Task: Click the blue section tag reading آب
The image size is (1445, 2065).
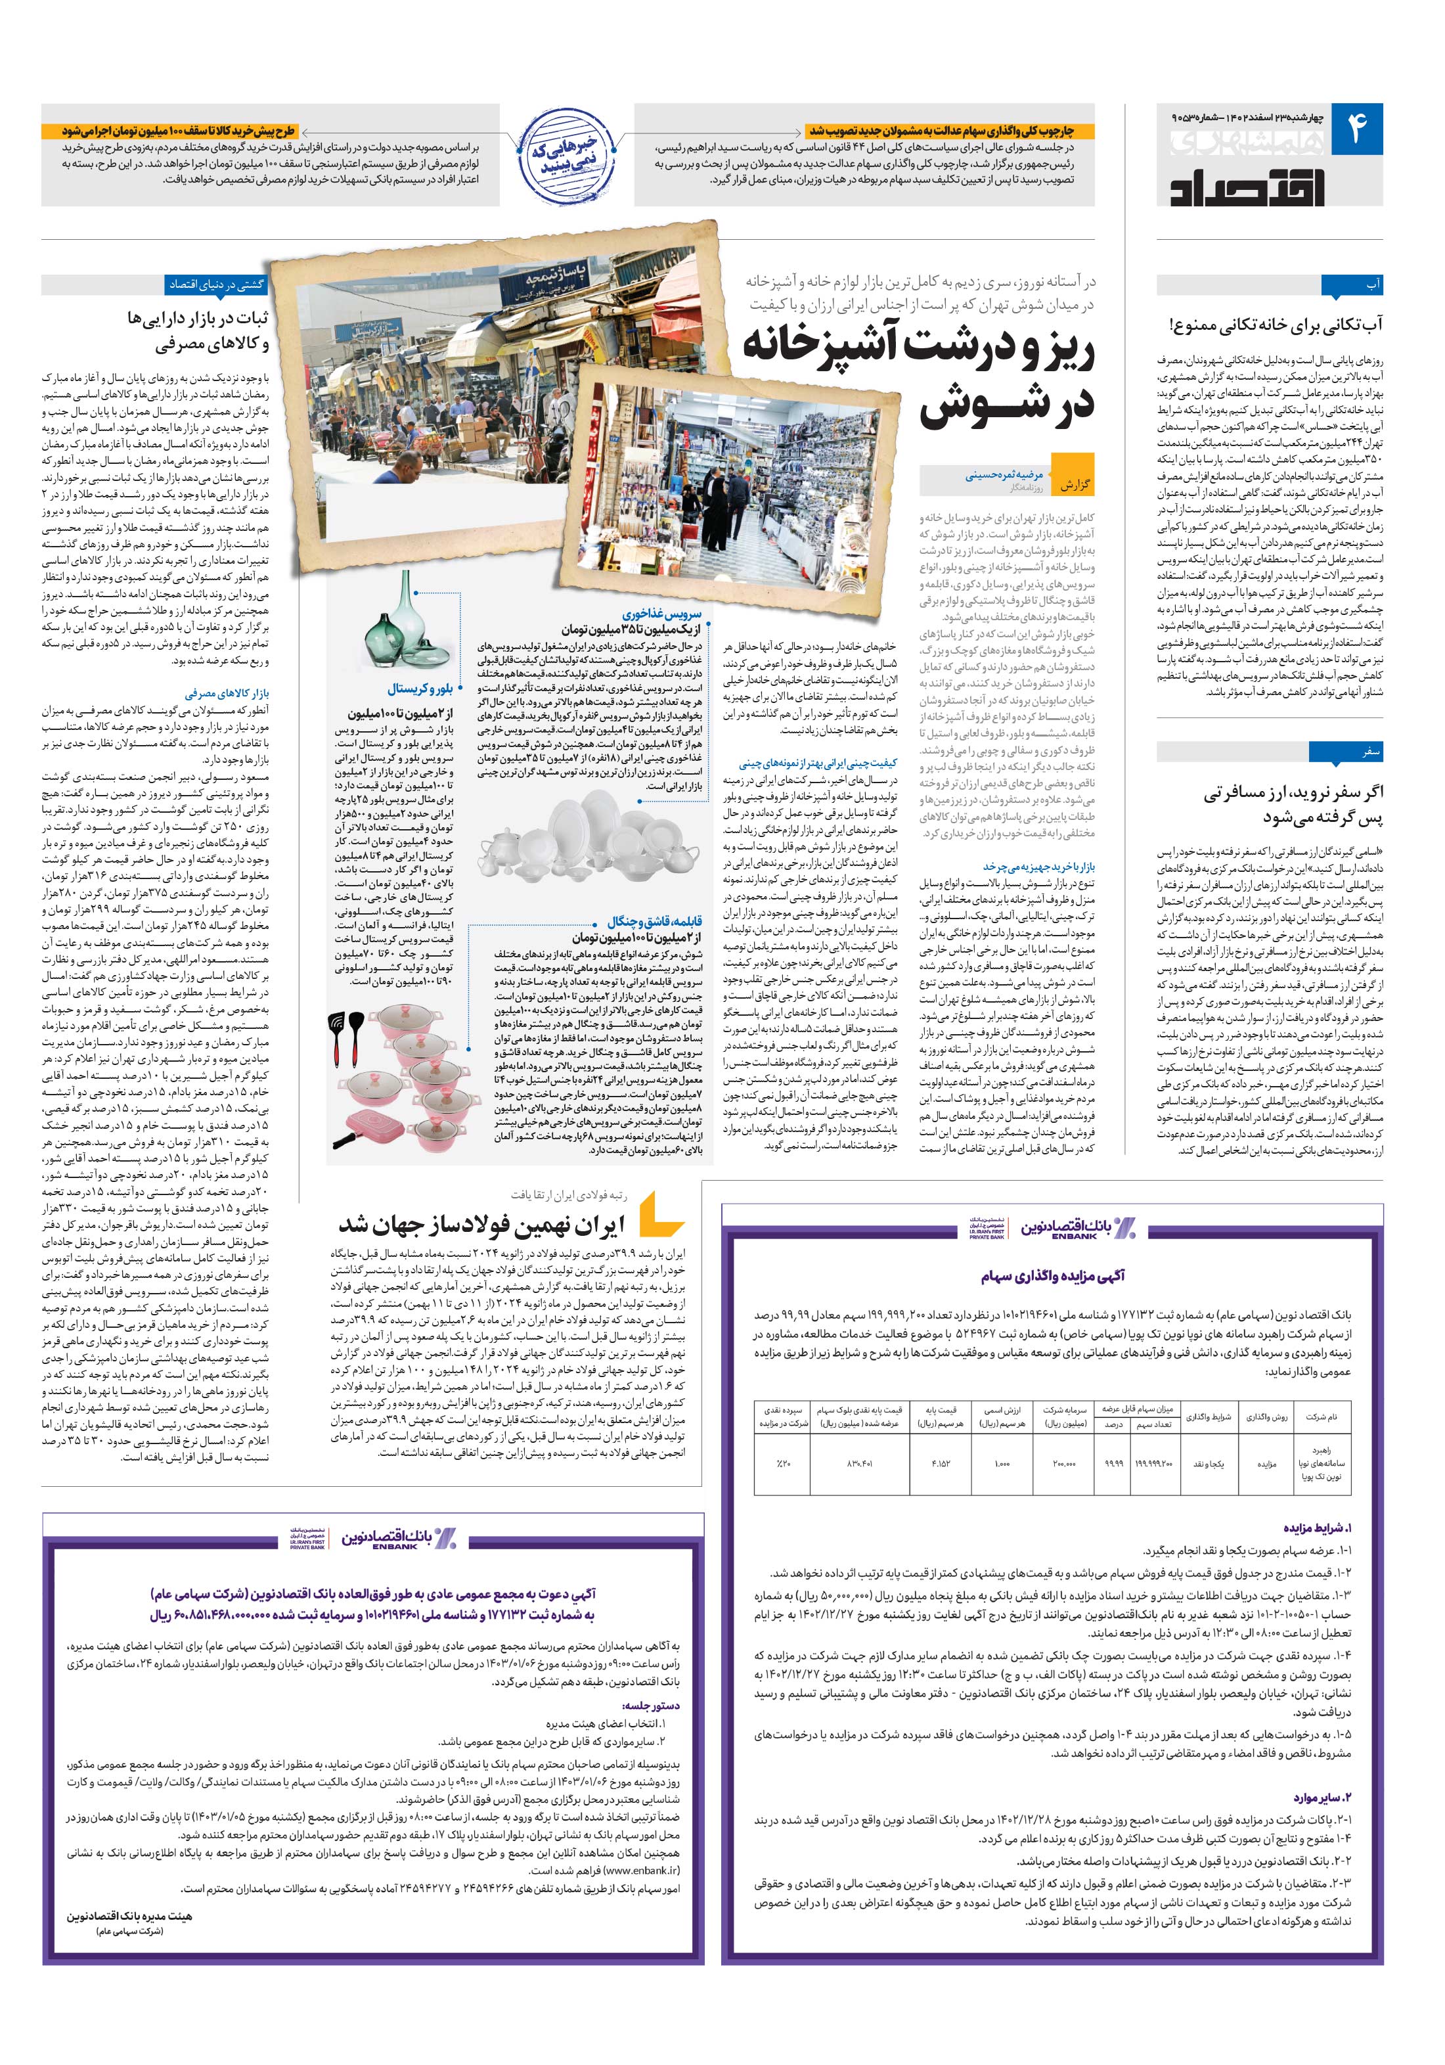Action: point(1373,285)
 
